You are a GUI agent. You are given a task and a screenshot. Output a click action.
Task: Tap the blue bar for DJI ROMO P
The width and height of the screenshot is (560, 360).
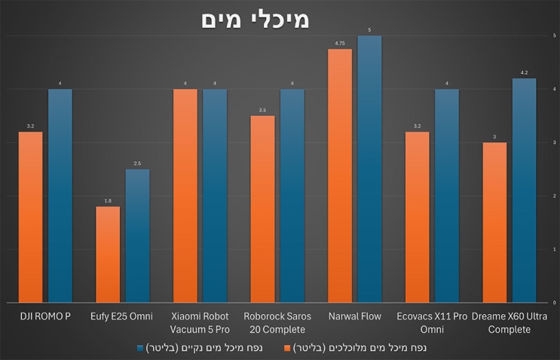pos(60,196)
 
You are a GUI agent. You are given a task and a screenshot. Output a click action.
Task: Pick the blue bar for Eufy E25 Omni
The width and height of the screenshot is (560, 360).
pos(137,236)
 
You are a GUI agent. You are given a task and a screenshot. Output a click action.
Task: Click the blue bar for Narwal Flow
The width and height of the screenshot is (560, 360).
pos(369,169)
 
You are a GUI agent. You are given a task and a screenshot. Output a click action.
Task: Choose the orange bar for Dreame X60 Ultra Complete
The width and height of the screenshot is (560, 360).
pos(494,222)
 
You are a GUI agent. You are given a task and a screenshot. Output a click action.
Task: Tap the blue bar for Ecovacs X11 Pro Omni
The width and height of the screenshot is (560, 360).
pos(447,196)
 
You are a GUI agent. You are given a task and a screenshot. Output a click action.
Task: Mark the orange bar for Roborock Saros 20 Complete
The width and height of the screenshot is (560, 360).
pos(262,209)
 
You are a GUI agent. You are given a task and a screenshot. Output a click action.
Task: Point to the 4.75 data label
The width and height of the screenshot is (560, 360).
pos(340,44)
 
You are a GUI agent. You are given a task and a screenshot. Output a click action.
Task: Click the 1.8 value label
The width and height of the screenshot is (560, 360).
pos(108,201)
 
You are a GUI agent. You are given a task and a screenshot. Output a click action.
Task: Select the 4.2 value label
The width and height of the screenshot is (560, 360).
pos(524,73)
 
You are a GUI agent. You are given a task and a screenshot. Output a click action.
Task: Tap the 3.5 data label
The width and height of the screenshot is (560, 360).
pos(262,110)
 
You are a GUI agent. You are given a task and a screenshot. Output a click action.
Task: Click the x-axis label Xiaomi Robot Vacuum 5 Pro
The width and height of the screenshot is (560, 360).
pos(200,322)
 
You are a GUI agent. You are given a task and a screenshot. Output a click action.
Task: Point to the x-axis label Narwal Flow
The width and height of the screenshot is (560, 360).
pos(354,316)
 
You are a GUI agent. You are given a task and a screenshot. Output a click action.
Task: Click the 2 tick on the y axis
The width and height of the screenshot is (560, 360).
pos(555,196)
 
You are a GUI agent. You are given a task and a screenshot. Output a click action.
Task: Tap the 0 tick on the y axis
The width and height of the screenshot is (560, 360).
pos(555,303)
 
